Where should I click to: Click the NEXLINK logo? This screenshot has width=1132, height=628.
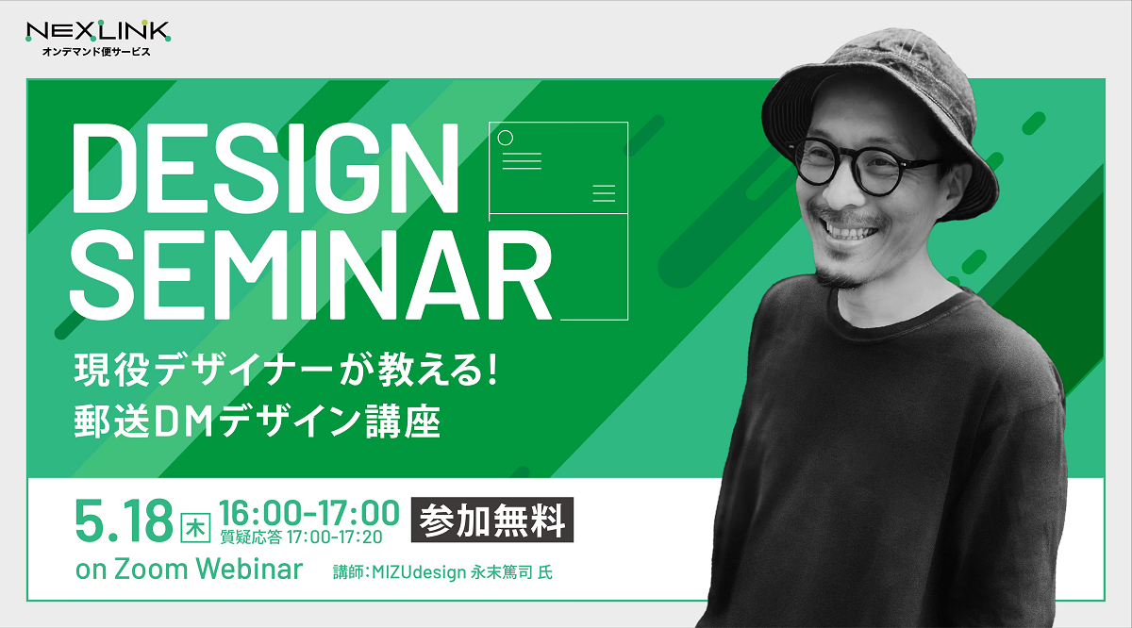click(x=98, y=31)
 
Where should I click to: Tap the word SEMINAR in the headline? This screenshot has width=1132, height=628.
click(x=310, y=274)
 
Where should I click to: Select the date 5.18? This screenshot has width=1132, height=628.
click(x=124, y=521)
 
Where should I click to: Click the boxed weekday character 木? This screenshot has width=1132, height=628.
click(x=195, y=528)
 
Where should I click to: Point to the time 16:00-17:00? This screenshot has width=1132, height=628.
click(x=308, y=513)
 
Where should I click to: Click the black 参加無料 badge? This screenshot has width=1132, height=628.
click(x=492, y=520)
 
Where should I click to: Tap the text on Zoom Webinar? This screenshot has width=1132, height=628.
click(x=189, y=569)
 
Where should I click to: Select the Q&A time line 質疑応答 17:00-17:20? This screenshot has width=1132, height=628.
click(x=301, y=537)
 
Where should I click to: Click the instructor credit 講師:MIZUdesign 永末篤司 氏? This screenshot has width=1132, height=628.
click(x=442, y=572)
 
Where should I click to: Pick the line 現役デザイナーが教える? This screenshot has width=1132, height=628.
click(x=286, y=370)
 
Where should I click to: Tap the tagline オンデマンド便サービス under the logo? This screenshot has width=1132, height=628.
click(x=96, y=52)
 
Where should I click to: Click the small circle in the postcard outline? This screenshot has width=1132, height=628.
click(x=506, y=138)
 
